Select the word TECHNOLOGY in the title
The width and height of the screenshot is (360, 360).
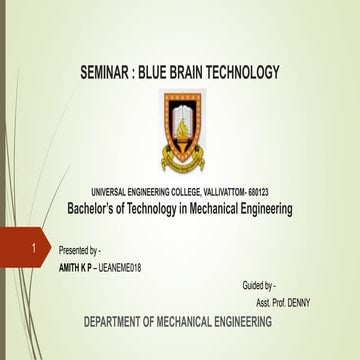[248, 73]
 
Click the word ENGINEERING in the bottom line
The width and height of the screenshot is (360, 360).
[234, 322]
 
